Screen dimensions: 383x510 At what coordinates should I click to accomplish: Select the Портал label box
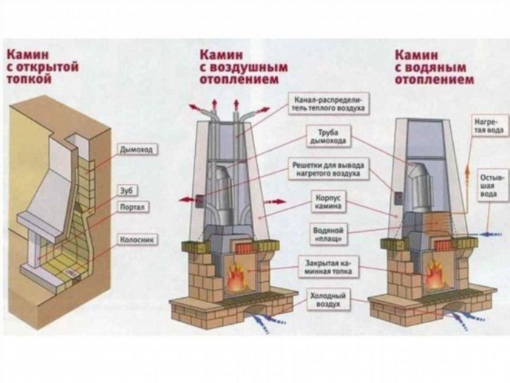click(131, 207)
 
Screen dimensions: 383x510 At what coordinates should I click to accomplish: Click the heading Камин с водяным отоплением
click(433, 67)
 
